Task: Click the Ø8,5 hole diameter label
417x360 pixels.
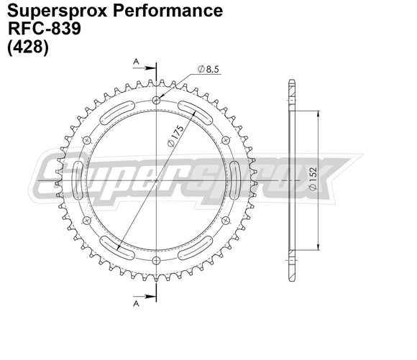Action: pyautogui.click(x=206, y=70)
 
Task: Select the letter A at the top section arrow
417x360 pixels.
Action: pyautogui.click(x=134, y=63)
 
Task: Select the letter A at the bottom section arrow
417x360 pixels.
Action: pyautogui.click(x=134, y=303)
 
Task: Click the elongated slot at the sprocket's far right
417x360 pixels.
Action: pyautogui.click(x=236, y=180)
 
